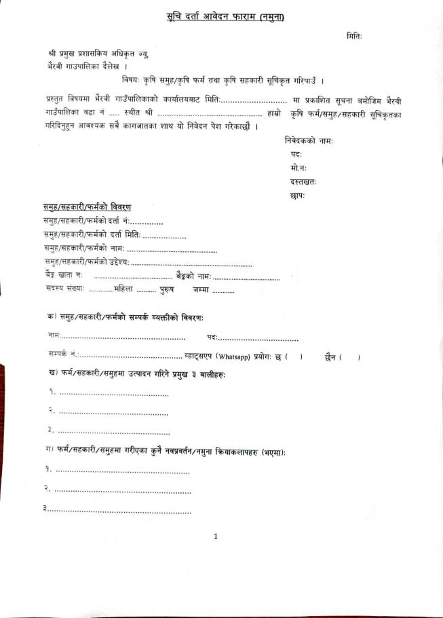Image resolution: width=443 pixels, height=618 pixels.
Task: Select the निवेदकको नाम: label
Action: pyautogui.click(x=309, y=141)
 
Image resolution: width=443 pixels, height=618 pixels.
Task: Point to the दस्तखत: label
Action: pyautogui.click(x=303, y=181)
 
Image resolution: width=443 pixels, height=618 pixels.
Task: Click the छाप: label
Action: pyautogui.click(x=297, y=196)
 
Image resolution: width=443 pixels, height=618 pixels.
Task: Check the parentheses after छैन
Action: pyautogui.click(x=350, y=357)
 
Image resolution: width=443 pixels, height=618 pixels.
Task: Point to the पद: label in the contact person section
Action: pyautogui.click(x=212, y=337)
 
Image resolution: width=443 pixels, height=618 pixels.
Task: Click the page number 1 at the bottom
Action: pyautogui.click(x=216, y=537)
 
